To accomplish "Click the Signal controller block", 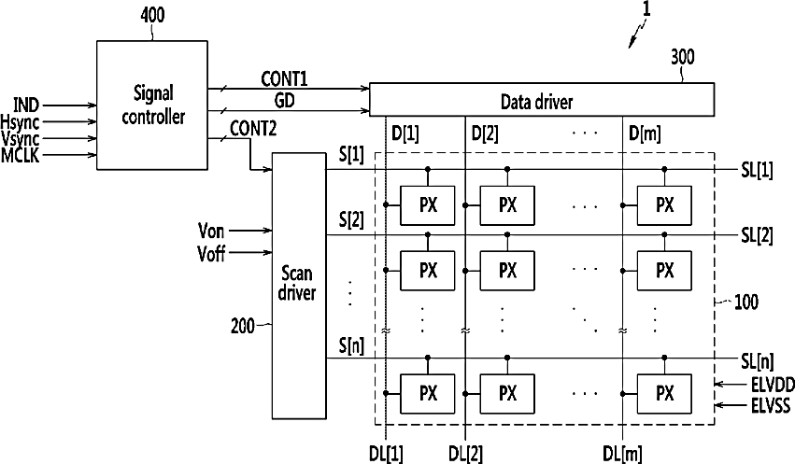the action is coord(152,105).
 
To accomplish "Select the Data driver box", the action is coord(542,100).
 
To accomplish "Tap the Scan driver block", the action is coord(299,286).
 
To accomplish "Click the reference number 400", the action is coord(152,15).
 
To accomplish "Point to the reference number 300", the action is coord(683,57).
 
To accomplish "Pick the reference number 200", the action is coord(242,325).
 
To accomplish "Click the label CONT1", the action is coord(284,78).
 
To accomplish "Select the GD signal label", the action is coord(284,100).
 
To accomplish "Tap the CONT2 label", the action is coord(253,128).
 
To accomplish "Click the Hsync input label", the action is coord(20,122).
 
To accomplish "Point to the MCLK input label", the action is coord(20,155).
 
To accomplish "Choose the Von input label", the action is coord(211,231).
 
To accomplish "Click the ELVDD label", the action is coord(773,385).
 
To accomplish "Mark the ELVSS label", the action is coord(771,406).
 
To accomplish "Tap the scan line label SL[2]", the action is coord(757,235).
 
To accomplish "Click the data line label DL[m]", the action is coord(622,454).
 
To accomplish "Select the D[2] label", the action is coord(485,134).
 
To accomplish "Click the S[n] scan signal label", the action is coord(351,346).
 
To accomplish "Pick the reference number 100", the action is coord(746,302).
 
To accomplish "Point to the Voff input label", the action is coord(211,253).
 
